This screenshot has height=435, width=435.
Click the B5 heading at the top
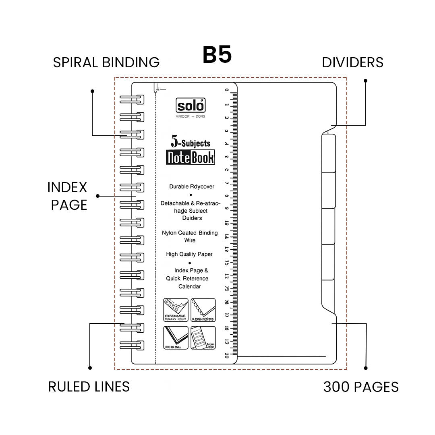(217, 55)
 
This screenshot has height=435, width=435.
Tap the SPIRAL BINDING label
(106, 62)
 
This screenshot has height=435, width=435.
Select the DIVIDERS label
(352, 62)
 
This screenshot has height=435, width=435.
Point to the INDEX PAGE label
(67, 196)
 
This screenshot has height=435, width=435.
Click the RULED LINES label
(89, 387)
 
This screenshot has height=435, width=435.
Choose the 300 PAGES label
(361, 387)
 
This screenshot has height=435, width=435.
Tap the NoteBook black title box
(191, 157)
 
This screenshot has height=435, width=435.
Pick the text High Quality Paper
(189, 254)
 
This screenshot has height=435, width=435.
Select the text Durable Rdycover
(192, 186)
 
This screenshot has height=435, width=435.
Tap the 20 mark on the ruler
(227, 355)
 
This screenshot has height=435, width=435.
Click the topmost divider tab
(329, 153)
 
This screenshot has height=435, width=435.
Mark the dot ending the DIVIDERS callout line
(366, 81)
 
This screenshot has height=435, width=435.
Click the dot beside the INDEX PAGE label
(97, 196)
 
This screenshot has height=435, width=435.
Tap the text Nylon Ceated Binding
(190, 233)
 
